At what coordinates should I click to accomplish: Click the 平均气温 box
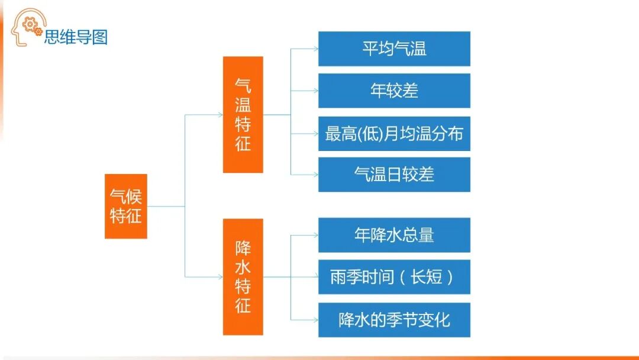click(394, 49)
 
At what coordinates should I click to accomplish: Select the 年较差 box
click(394, 91)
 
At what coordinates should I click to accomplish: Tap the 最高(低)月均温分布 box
click(394, 133)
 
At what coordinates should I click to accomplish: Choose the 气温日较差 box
click(394, 174)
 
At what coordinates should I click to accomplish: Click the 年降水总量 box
click(394, 235)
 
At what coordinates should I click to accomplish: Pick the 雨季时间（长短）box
click(394, 277)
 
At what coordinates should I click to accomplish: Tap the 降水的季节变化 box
click(394, 320)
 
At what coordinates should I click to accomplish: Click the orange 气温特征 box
click(243, 114)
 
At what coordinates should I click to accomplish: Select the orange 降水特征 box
click(243, 277)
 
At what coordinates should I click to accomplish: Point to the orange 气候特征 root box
click(125, 206)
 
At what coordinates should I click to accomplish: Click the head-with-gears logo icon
click(27, 27)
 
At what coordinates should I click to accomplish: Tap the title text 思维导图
click(76, 37)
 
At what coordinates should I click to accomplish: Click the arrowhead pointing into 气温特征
click(220, 114)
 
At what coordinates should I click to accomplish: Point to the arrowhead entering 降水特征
click(220, 277)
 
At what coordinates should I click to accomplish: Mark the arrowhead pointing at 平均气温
click(315, 49)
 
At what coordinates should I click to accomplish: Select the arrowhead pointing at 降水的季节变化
click(315, 320)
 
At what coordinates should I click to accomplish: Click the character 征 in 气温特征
click(243, 143)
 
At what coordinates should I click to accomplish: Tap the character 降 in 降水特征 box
click(243, 247)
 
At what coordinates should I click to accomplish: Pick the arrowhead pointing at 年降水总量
click(315, 235)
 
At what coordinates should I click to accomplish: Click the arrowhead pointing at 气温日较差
click(315, 174)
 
